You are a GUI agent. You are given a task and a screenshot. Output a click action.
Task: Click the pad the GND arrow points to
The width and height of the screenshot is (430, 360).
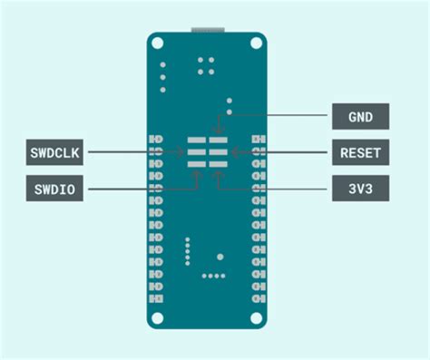pyautogui.click(x=219, y=142)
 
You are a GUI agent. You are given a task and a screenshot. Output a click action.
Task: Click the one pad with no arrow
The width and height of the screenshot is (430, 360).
pyautogui.click(x=197, y=142)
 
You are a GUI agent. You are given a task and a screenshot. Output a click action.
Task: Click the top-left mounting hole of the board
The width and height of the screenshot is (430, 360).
pyautogui.click(x=158, y=44)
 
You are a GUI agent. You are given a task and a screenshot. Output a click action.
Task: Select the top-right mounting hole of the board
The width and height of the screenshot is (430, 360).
pyautogui.click(x=259, y=44)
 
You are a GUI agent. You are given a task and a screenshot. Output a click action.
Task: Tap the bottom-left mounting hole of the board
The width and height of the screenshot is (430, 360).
pyautogui.click(x=158, y=317)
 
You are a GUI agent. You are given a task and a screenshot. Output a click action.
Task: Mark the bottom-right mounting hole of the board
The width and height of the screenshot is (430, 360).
pyautogui.click(x=259, y=317)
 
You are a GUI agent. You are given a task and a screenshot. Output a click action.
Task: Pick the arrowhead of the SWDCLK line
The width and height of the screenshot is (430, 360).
pyautogui.click(x=185, y=152)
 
